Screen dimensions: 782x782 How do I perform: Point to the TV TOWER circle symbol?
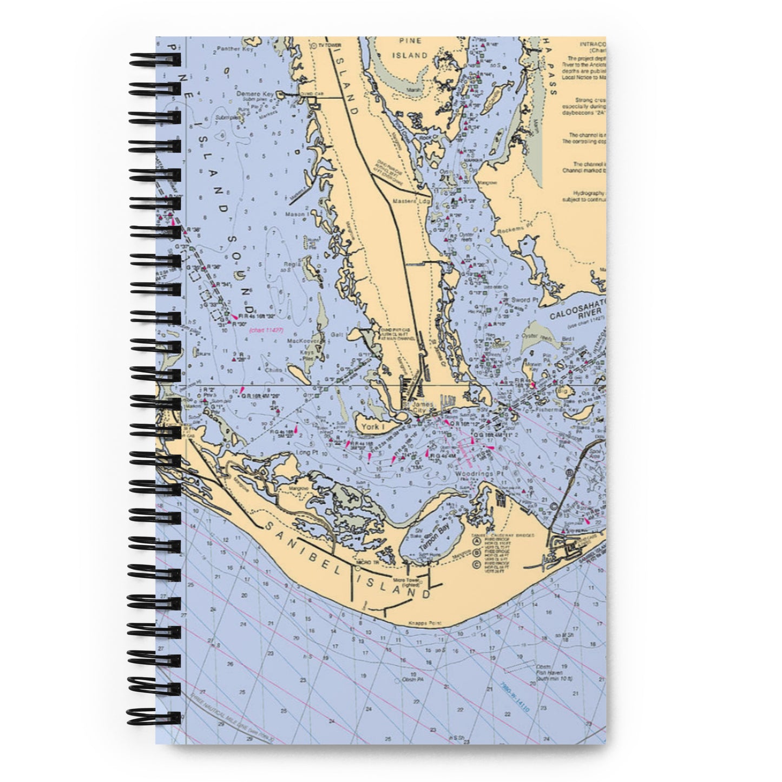click(x=314, y=46)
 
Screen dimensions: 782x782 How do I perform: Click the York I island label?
click(x=371, y=428)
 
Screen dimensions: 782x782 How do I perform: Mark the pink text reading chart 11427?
click(x=266, y=330)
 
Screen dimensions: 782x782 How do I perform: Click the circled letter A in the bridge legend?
click(x=477, y=540)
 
